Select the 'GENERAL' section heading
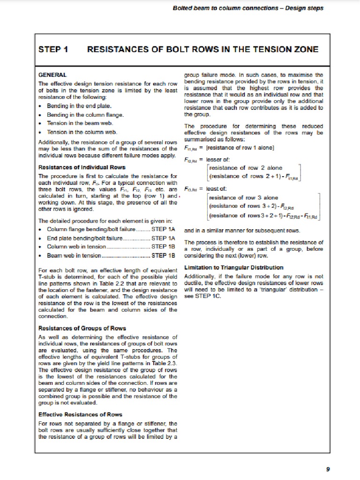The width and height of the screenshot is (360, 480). tap(52, 75)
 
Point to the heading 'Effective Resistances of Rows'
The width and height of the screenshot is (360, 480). tap(80, 414)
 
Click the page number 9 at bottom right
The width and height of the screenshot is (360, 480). tap(327, 469)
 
